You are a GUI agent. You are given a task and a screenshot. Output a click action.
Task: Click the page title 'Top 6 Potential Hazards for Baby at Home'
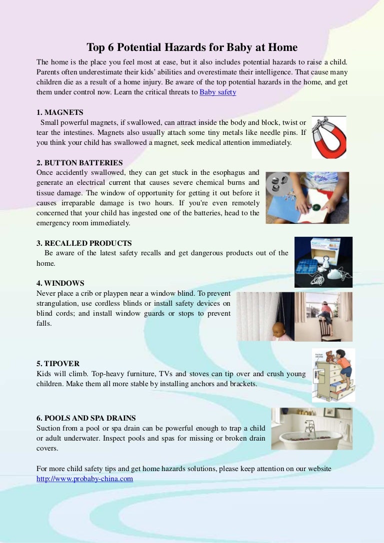[x=192, y=47]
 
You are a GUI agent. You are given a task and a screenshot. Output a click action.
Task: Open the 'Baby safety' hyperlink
[x=217, y=92]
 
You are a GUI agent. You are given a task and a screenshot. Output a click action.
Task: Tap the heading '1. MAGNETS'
[x=60, y=112]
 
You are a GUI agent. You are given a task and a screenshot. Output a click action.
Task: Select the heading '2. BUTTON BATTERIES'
[x=79, y=163]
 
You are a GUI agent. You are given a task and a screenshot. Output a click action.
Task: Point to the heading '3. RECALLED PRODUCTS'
[x=84, y=243]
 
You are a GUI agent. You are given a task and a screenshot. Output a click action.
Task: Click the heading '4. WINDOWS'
[x=60, y=283]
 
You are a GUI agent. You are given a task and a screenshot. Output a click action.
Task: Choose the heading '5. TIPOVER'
[x=58, y=363]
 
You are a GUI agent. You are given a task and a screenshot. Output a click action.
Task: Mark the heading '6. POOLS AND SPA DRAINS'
[x=86, y=418]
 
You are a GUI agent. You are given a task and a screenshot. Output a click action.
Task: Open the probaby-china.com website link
[x=84, y=479]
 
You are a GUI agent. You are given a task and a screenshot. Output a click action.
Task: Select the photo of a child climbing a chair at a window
[x=323, y=316]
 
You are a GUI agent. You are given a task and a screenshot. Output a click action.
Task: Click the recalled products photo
[x=323, y=262]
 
